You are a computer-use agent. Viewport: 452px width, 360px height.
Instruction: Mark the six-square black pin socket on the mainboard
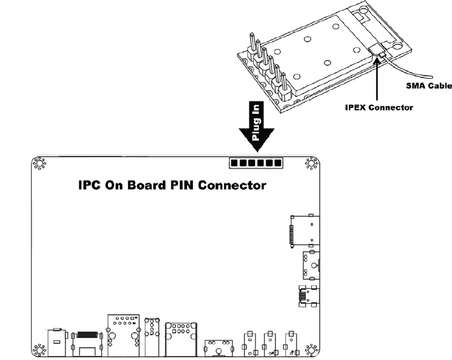click(256, 164)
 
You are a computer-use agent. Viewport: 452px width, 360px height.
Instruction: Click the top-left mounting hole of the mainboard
click(39, 164)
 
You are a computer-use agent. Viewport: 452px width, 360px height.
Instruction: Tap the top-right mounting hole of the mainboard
click(312, 164)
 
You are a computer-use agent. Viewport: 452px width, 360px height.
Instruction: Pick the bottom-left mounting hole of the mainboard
click(39, 350)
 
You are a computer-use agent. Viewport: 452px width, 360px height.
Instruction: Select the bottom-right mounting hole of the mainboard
click(312, 350)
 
